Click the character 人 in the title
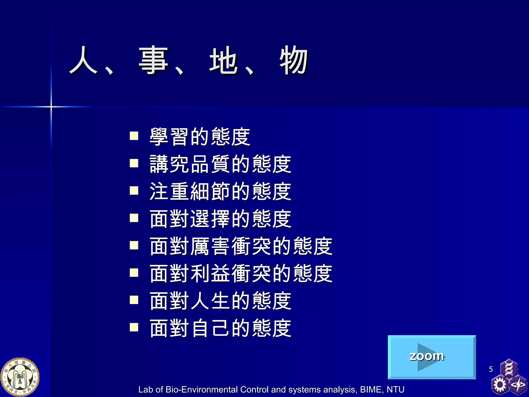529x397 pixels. click(83, 60)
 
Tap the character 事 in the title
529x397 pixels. click(154, 60)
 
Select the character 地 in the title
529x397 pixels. click(223, 60)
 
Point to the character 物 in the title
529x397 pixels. click(294, 60)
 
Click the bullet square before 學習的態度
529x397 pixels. click(134, 136)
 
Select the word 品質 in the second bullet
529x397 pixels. click(211, 164)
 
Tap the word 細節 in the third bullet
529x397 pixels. click(211, 192)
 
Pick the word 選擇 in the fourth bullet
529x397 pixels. click(211, 219)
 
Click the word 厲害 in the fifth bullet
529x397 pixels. click(211, 246)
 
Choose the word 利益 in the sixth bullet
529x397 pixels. click(211, 274)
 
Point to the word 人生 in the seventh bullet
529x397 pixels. click(211, 301)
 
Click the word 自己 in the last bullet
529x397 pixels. click(211, 329)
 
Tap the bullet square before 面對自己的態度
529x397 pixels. click(134, 327)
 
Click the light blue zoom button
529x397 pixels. click(432, 357)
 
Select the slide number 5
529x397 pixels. click(491, 369)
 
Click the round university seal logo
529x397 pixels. click(20, 377)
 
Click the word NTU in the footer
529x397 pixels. click(395, 390)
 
